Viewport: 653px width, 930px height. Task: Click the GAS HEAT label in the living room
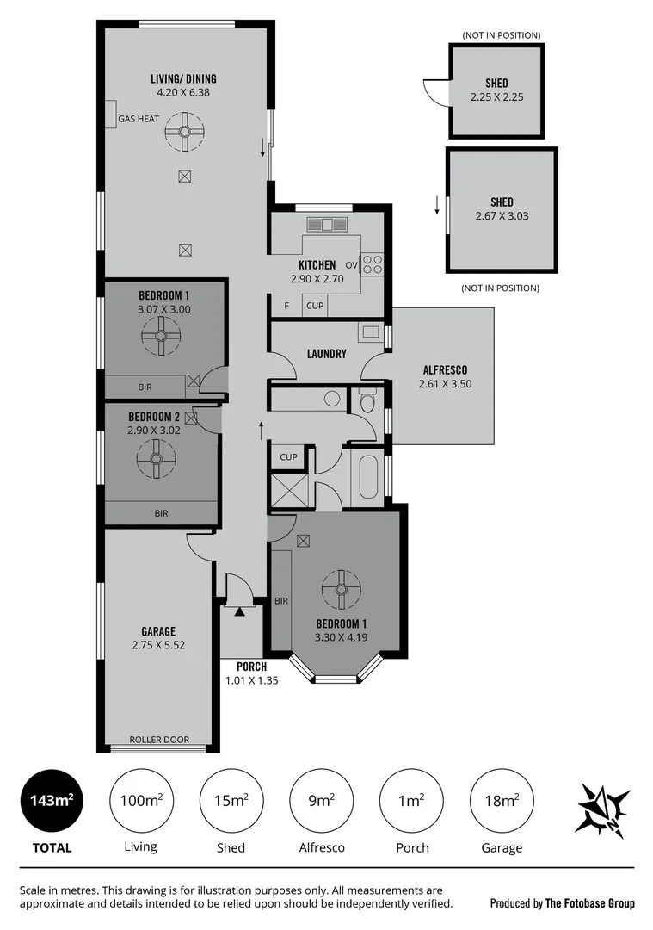tap(139, 119)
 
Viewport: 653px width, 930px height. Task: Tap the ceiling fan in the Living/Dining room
tap(183, 133)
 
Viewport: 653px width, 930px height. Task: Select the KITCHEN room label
tap(317, 264)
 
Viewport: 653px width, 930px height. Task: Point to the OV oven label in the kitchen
tap(351, 264)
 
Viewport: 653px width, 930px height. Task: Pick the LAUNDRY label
tap(327, 353)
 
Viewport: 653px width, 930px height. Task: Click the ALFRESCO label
tap(444, 369)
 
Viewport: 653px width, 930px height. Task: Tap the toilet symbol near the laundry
tap(367, 401)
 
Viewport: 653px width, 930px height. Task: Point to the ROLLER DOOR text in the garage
tap(158, 740)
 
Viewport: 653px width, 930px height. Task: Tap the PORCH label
tap(251, 666)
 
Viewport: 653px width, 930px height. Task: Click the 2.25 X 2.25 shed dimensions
tap(496, 97)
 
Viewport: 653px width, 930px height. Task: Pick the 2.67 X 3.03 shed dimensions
tap(502, 216)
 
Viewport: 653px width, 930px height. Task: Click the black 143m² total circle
tap(52, 801)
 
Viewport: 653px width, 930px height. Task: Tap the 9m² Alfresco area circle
tap(322, 801)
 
